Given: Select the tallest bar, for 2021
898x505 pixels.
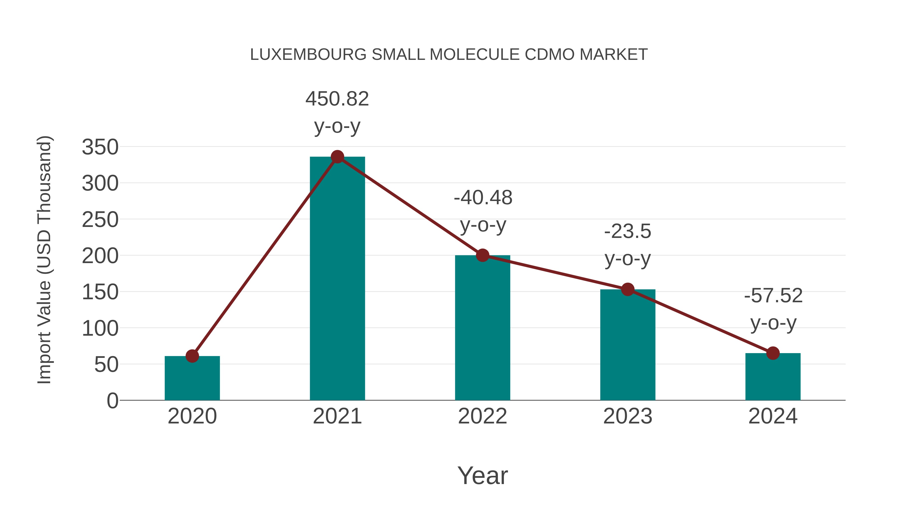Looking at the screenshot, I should coord(337,279).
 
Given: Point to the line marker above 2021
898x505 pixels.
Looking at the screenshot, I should coord(337,157).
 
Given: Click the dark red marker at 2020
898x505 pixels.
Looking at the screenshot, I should coord(192,356).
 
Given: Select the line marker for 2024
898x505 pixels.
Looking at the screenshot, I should coord(773,353).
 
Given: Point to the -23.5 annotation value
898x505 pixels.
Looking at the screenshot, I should coord(628,231).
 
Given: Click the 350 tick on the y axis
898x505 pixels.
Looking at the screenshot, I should coord(100,147).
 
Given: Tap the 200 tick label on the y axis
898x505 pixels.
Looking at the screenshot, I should coord(100,256).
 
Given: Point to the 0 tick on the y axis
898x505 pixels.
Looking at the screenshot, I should coord(112,401).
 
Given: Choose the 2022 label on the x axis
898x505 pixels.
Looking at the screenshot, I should coord(482,416).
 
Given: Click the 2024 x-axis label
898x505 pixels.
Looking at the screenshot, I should coord(773,416).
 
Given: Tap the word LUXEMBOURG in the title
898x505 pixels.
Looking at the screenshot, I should coord(308,55).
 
